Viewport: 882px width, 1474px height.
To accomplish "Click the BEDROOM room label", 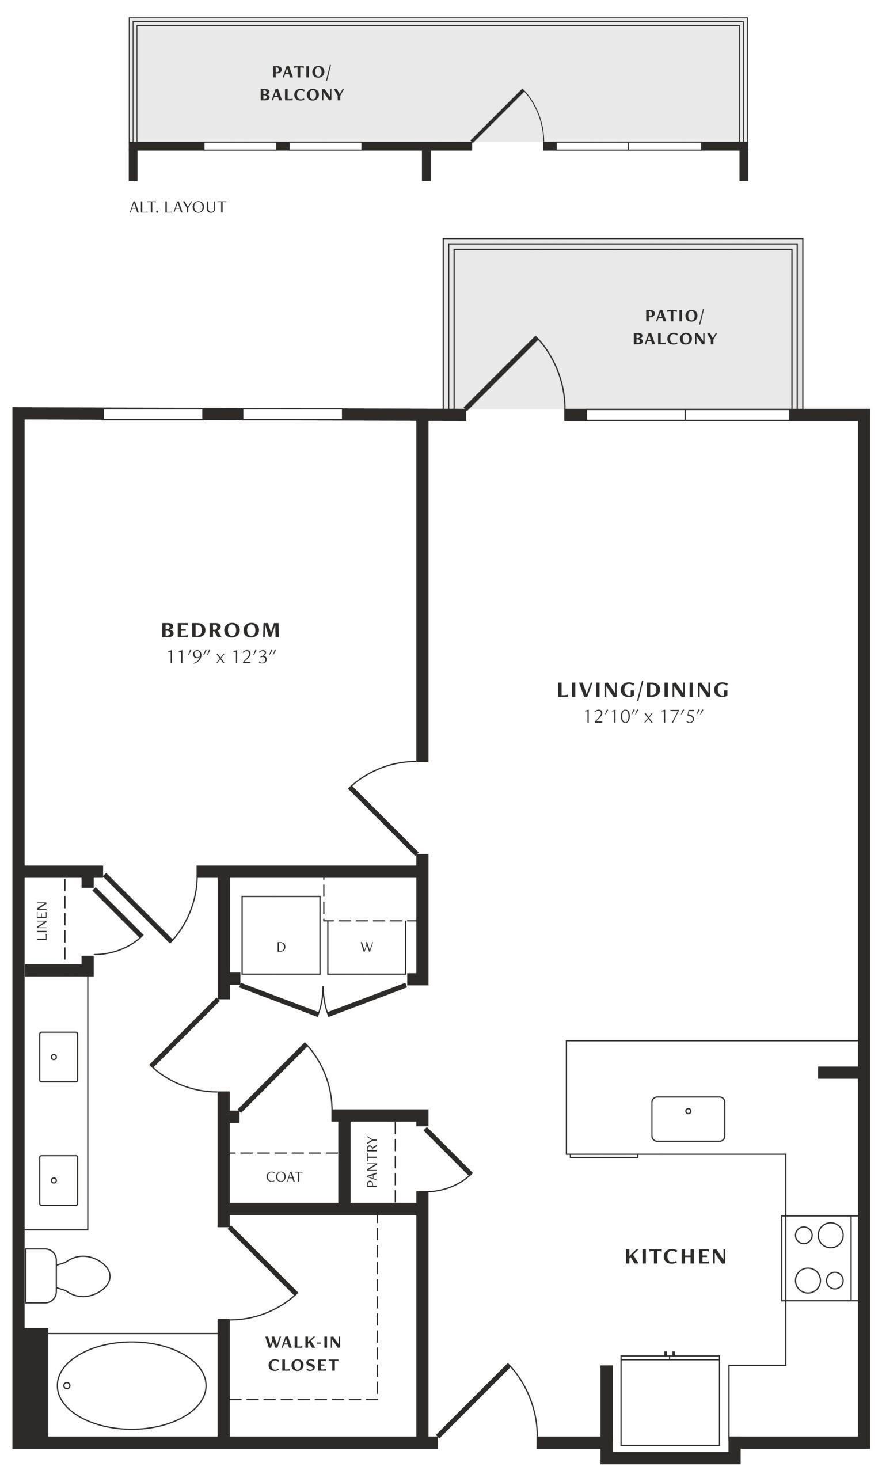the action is coord(221,629).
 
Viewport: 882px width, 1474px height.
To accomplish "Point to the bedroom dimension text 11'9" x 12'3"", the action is coord(221,657).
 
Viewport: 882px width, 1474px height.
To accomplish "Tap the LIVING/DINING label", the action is coord(643,689).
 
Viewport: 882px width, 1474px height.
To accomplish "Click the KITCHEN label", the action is coord(676,1256).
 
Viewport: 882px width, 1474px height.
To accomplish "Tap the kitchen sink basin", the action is coord(688,1119).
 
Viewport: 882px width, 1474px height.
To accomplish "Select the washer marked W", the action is coord(367,947).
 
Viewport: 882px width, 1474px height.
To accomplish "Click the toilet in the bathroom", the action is coord(67,1275).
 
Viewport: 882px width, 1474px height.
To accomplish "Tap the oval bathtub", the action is coord(131,1385).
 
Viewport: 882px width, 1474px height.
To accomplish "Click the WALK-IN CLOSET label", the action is coord(303,1353).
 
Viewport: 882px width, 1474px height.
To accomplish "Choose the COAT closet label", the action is coord(284,1176).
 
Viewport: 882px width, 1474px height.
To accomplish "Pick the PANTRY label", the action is coord(372,1162).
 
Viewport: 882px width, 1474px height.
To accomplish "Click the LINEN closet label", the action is coord(41,921).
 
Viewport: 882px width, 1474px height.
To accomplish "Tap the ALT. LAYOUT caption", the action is coord(178,207).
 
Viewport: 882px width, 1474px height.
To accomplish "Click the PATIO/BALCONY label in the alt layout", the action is coord(302,83).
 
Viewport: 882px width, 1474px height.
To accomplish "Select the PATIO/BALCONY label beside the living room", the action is coord(675,327).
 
